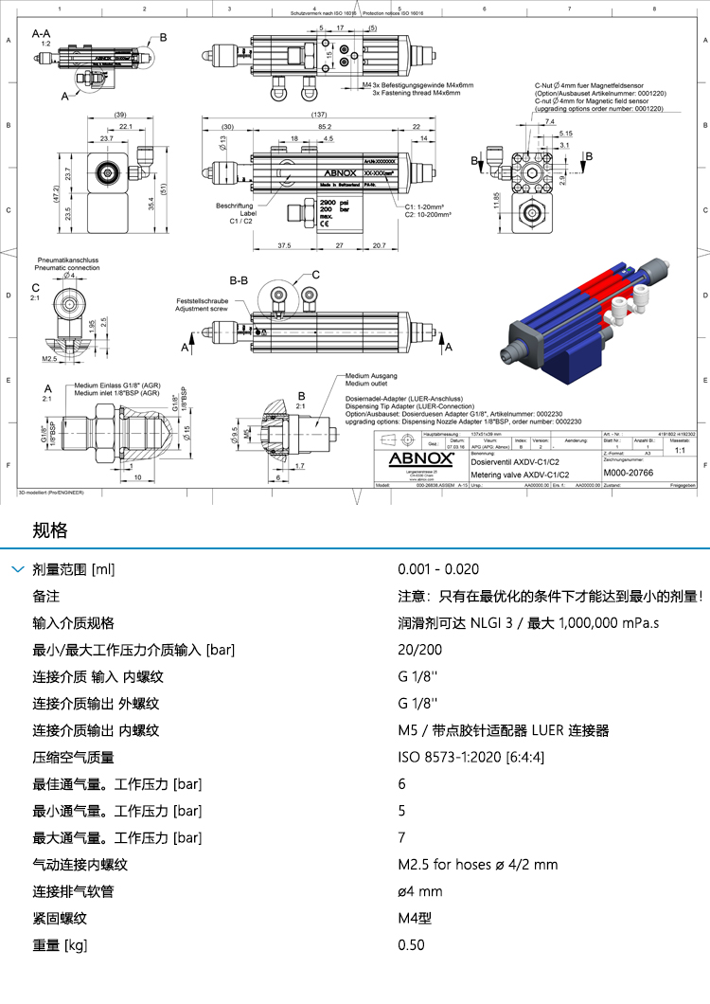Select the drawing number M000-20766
(628, 472)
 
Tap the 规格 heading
(50, 529)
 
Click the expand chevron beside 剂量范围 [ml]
(16, 569)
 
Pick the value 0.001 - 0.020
(438, 569)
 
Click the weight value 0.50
(411, 944)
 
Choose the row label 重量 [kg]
(60, 944)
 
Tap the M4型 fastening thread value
(415, 918)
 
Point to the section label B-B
(239, 281)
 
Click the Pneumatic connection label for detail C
(67, 267)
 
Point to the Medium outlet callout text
(366, 383)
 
